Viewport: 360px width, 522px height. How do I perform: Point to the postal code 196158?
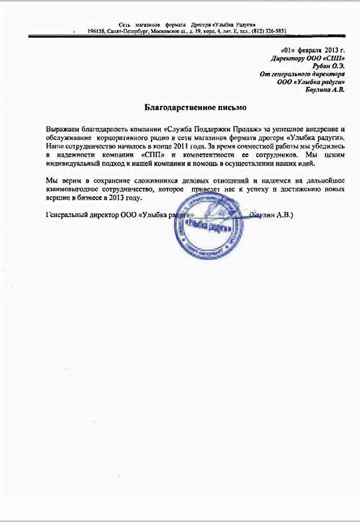(97, 31)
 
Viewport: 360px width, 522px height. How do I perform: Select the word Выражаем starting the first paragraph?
(62, 128)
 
